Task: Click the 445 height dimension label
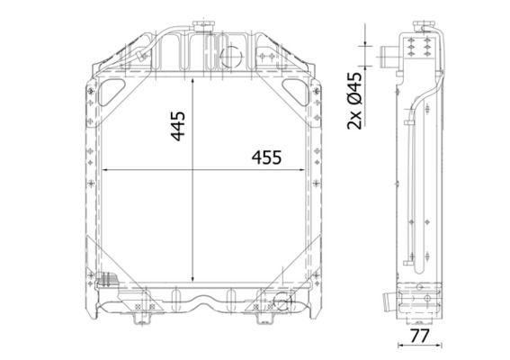[178, 126]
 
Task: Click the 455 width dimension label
[266, 157]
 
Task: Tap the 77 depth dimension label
[419, 336]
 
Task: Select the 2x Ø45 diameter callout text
[354, 101]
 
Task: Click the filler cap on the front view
[203, 26]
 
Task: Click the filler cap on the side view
[425, 26]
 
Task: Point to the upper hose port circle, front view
[231, 57]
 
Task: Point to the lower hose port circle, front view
[283, 302]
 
